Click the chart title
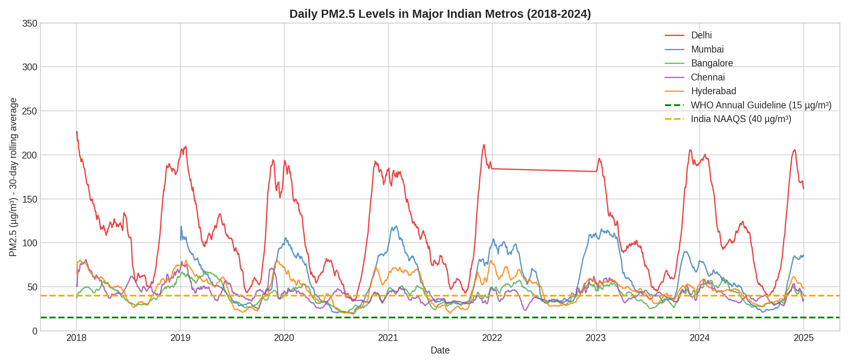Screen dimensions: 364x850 [x=440, y=14]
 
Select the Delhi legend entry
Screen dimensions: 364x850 [x=701, y=36]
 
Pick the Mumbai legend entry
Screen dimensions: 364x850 [x=707, y=49]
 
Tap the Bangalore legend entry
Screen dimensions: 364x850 [x=712, y=63]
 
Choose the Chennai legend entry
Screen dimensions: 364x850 [x=708, y=77]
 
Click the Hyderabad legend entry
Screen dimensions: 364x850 [x=713, y=91]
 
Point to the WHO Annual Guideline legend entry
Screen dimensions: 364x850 [x=761, y=105]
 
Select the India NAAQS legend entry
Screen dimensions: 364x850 [x=741, y=119]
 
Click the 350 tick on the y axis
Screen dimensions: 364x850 [x=30, y=23]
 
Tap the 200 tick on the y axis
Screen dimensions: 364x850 [x=30, y=155]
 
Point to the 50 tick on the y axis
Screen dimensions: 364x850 [x=32, y=287]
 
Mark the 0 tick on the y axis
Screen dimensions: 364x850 [x=34, y=331]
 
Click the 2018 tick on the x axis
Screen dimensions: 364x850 [x=76, y=338]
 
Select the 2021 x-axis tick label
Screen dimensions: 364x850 [x=388, y=338]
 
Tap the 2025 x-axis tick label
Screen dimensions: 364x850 [x=803, y=338]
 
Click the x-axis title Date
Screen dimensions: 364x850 [x=440, y=350]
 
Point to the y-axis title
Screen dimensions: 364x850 [x=13, y=177]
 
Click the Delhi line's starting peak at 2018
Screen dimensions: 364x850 [x=77, y=132]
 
